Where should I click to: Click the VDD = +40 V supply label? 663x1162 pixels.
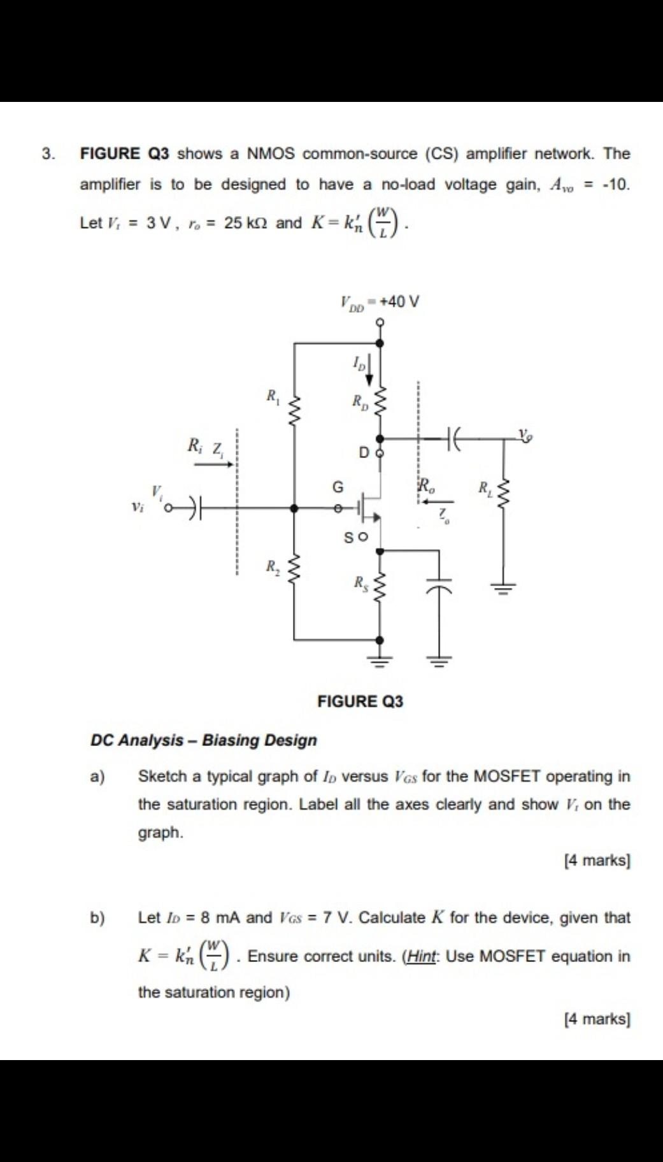point(380,302)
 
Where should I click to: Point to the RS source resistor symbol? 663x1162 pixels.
point(380,584)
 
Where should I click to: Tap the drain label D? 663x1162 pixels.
point(364,453)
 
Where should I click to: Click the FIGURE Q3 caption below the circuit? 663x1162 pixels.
point(360,701)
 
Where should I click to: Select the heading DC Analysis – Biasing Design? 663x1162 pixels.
point(204,740)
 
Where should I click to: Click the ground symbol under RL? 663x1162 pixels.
point(504,588)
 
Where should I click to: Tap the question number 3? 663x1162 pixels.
point(48,154)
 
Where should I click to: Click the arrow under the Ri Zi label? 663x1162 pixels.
point(214,464)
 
